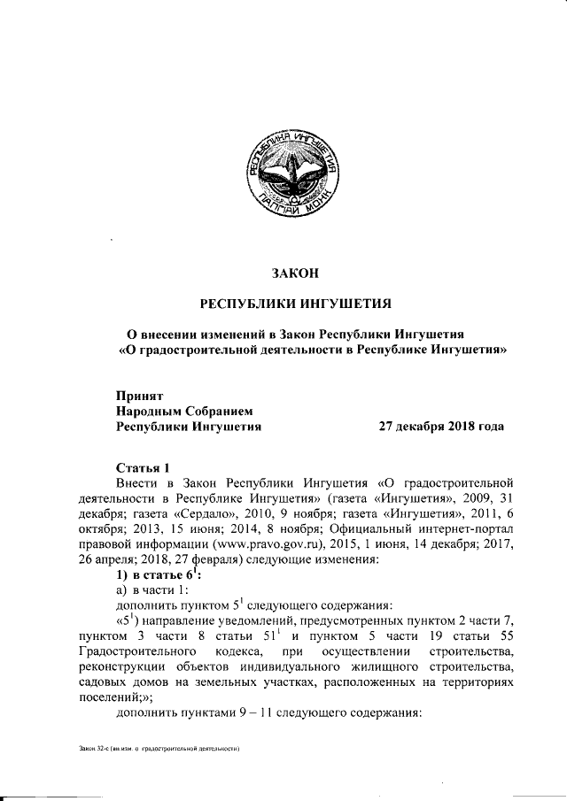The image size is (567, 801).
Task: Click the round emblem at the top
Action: (x=293, y=174)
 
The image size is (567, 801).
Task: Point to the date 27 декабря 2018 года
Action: (x=441, y=426)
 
